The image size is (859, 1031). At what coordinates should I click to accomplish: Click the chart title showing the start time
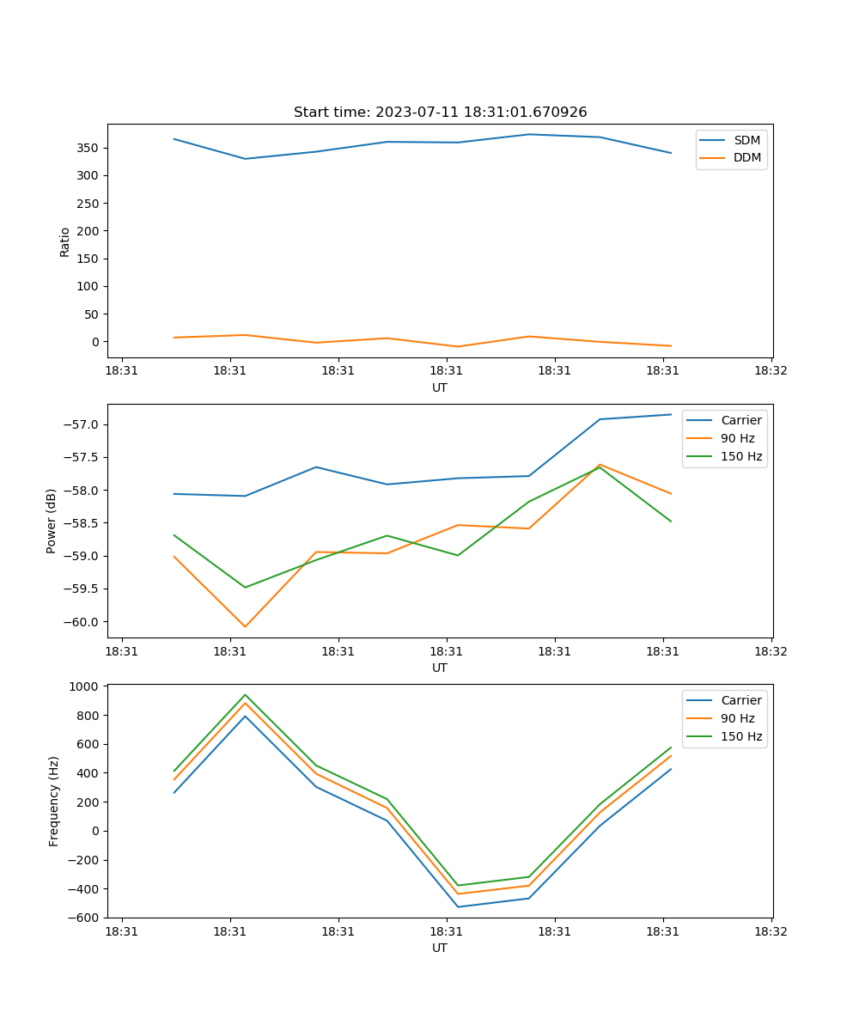click(x=440, y=113)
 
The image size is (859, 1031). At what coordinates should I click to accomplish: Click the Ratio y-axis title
click(x=65, y=241)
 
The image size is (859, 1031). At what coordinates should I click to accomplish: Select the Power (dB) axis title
click(x=52, y=521)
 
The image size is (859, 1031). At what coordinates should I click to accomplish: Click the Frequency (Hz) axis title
click(x=53, y=801)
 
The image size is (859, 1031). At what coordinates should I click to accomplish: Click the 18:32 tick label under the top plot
click(x=771, y=371)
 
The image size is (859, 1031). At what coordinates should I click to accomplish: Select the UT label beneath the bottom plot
click(x=440, y=948)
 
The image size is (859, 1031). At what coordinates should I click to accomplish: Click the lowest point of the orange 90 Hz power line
click(x=245, y=626)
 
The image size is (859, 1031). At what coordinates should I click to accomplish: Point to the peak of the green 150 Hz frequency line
click(x=245, y=695)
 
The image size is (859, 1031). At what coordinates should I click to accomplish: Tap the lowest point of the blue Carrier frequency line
click(x=458, y=906)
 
